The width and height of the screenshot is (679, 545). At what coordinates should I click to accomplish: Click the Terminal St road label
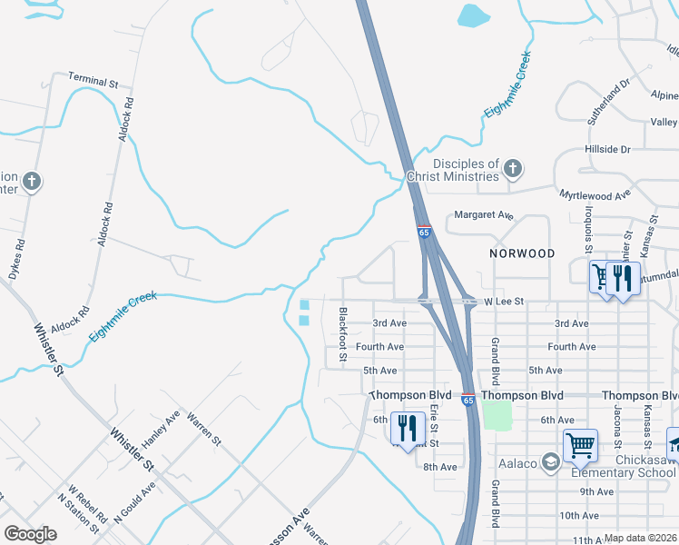point(93,82)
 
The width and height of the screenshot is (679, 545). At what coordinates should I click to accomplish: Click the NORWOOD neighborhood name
point(521,253)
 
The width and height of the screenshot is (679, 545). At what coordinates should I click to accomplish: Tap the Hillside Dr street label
point(607,149)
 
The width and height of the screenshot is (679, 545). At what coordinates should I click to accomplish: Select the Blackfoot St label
point(343,334)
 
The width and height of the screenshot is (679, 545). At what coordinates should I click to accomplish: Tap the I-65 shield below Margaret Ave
point(424,233)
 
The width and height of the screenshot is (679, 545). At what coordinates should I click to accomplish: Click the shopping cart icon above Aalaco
point(580,445)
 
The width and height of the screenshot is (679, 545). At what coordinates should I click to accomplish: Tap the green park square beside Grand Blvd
point(497,416)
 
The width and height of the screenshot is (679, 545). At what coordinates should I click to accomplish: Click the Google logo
point(30,534)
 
